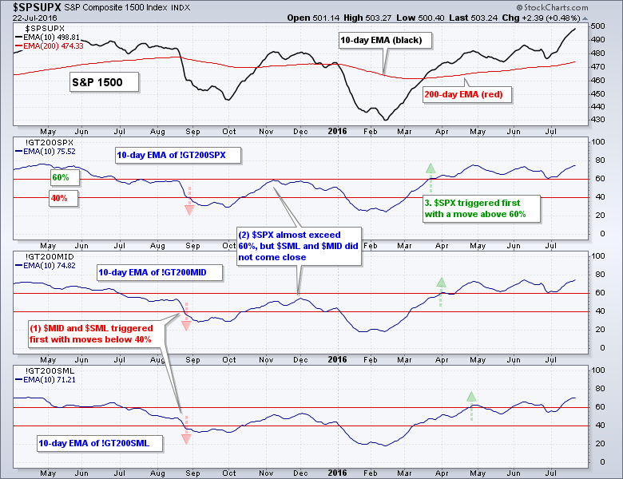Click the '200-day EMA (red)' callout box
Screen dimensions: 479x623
[466, 93]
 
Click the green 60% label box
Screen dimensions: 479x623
[60, 176]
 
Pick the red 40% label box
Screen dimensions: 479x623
[60, 197]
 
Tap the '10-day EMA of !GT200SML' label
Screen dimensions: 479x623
[89, 442]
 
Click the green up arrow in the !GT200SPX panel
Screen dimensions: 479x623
[431, 168]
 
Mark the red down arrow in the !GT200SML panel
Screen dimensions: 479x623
[186, 437]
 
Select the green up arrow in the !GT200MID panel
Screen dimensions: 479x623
[440, 282]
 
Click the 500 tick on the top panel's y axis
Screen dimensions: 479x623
[594, 26]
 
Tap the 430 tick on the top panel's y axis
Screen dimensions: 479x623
[594, 119]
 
